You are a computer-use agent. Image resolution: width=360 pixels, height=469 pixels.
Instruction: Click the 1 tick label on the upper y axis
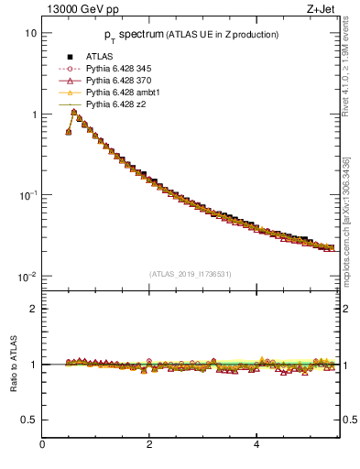click(x=33, y=115)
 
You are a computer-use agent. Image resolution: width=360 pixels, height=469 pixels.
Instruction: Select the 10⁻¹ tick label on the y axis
click(x=27, y=195)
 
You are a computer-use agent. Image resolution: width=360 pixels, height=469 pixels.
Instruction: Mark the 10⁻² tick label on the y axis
click(x=27, y=277)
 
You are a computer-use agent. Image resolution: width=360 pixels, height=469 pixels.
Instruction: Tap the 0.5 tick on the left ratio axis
click(x=29, y=420)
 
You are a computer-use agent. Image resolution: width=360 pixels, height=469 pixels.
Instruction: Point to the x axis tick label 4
click(x=256, y=445)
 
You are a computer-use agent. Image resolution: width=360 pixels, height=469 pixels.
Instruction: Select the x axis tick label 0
click(x=42, y=445)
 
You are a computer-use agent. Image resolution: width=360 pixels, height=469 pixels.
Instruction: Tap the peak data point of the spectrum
click(x=74, y=112)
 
